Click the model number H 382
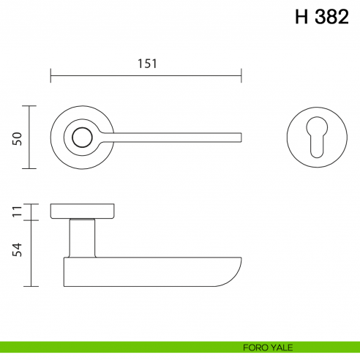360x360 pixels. [x=321, y=18]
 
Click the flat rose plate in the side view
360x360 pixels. [x=82, y=211]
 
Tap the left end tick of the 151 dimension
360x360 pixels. [x=50, y=75]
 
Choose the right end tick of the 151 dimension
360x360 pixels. [x=241, y=75]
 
